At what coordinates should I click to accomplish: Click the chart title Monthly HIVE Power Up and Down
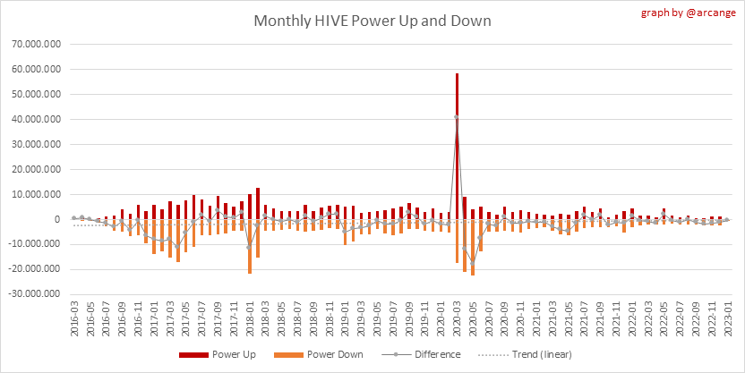point(372,20)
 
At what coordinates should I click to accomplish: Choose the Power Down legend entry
point(327,354)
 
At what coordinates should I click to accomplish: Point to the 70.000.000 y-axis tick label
point(37,44)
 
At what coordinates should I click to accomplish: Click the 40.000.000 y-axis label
point(37,119)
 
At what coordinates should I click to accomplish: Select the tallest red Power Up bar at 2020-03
point(457,107)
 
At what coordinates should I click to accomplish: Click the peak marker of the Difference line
point(457,117)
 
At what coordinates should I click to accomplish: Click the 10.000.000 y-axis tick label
point(37,194)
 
